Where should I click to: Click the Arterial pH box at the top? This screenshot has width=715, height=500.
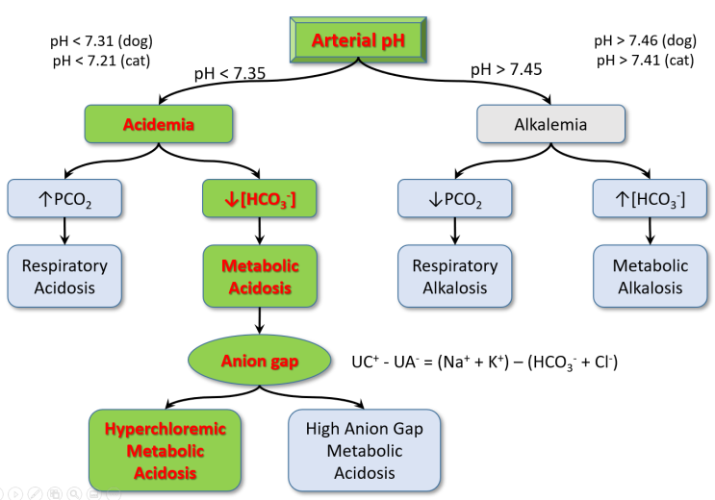point(358,40)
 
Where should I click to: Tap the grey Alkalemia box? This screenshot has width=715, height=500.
point(551,124)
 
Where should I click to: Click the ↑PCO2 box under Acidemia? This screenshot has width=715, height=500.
point(65,198)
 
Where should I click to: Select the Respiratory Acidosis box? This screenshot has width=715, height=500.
point(65,276)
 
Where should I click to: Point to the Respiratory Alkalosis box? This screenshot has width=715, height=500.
point(455,276)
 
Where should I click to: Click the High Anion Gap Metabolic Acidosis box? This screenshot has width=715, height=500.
point(364,450)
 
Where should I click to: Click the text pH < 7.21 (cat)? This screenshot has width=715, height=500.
point(101,60)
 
